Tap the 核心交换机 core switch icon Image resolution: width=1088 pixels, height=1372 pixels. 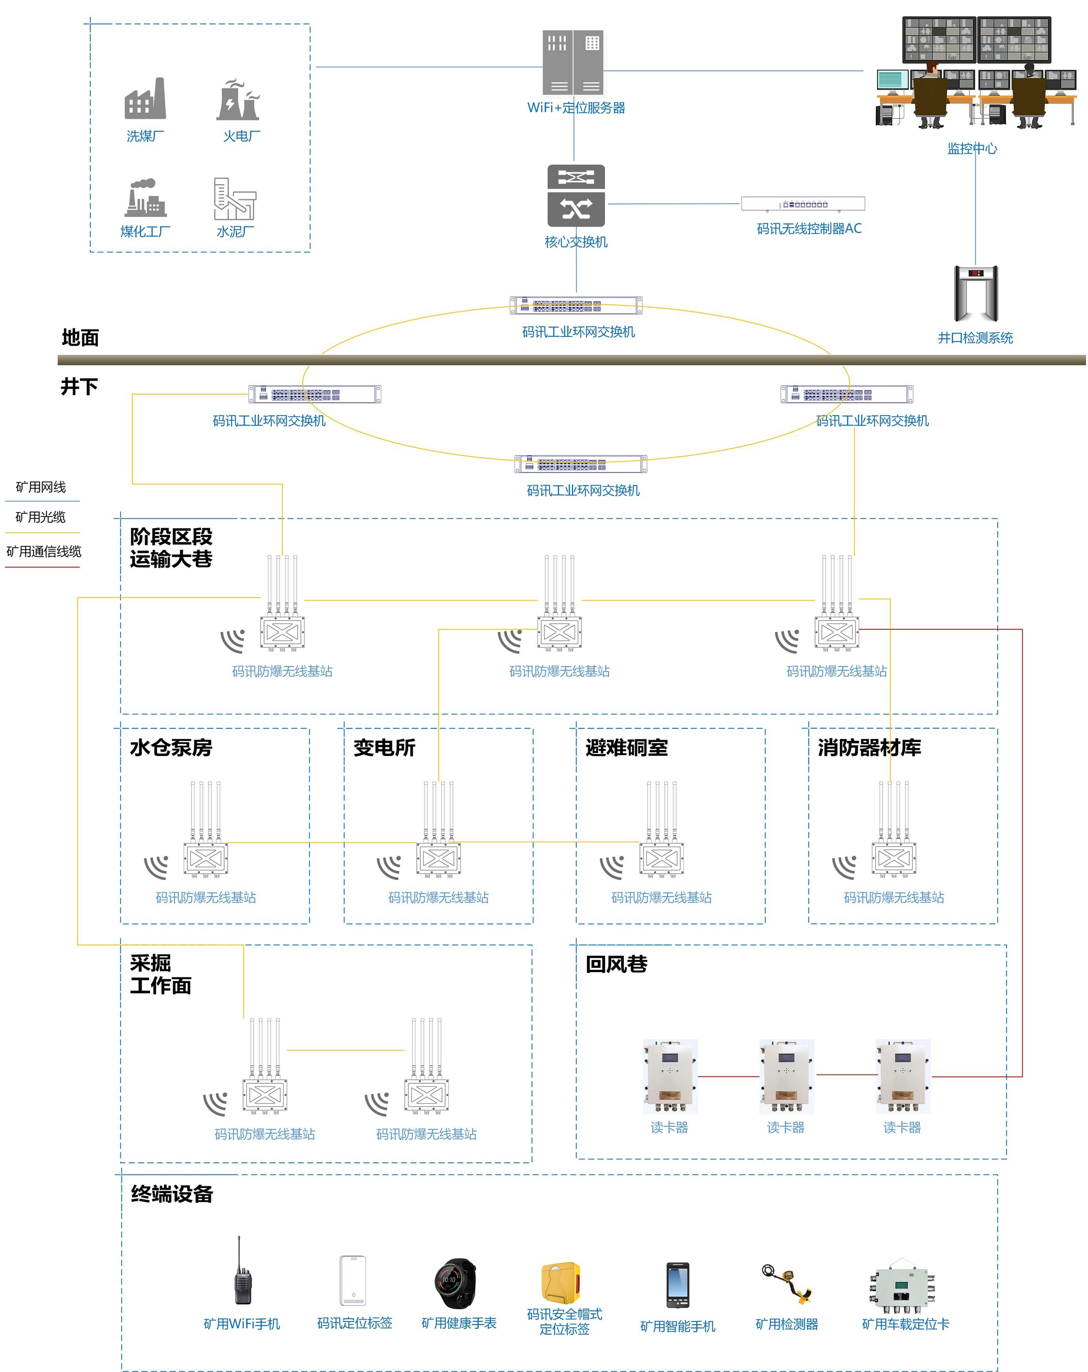tap(576, 195)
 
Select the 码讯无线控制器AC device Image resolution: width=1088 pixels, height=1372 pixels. tap(803, 204)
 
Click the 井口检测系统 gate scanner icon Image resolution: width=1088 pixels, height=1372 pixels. tap(975, 293)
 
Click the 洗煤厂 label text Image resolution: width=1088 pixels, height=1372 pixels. tap(145, 136)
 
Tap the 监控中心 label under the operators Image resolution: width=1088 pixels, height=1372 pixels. tap(972, 148)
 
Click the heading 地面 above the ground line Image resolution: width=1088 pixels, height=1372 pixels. tap(80, 337)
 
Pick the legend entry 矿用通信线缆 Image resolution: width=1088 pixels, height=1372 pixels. tap(44, 551)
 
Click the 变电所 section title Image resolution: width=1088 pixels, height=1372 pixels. tap(384, 747)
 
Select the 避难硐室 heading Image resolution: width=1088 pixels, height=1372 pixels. tap(626, 747)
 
